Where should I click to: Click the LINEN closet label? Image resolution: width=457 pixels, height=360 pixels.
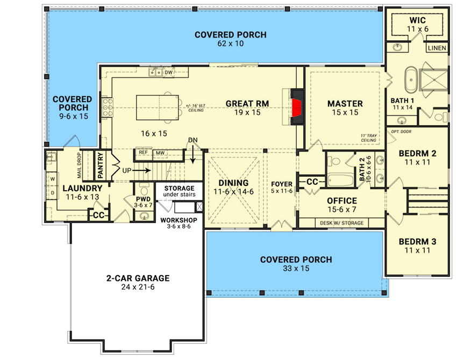[436, 48]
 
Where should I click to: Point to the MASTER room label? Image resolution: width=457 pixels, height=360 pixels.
[345, 103]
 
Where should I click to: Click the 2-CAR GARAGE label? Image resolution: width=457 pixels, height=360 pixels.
[138, 278]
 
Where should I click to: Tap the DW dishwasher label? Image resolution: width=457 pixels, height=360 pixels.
[168, 72]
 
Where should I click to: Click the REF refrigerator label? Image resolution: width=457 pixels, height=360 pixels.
[143, 153]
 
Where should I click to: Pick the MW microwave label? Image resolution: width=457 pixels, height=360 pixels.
[160, 153]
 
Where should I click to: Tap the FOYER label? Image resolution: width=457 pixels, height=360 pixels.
[281, 183]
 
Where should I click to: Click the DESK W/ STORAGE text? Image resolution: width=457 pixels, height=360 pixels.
[341, 223]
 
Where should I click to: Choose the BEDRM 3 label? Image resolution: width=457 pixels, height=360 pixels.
[417, 241]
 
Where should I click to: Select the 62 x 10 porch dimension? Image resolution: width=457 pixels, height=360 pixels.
[230, 44]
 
